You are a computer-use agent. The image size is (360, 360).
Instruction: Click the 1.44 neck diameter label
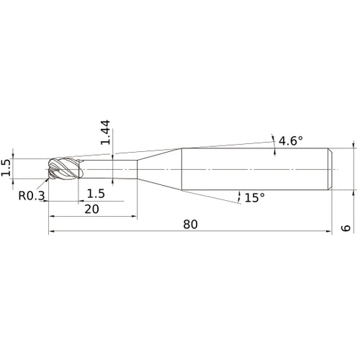pyautogui.click(x=105, y=132)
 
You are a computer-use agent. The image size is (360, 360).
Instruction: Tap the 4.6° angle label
pyautogui.click(x=291, y=140)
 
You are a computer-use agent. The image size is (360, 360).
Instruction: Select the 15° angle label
pyautogui.click(x=255, y=197)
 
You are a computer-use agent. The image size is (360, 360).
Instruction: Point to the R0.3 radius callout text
pyautogui.click(x=32, y=196)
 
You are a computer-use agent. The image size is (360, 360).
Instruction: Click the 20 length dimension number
pyautogui.click(x=91, y=210)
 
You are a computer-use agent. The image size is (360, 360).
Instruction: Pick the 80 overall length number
pyautogui.click(x=191, y=225)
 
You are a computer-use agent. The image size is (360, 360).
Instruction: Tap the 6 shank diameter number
pyautogui.click(x=346, y=228)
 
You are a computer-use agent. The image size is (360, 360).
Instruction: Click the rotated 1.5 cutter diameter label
pyautogui.click(x=6, y=168)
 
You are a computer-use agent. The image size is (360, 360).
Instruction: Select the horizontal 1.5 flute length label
pyautogui.click(x=96, y=194)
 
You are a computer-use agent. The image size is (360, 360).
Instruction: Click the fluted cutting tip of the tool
pyautogui.click(x=64, y=168)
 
